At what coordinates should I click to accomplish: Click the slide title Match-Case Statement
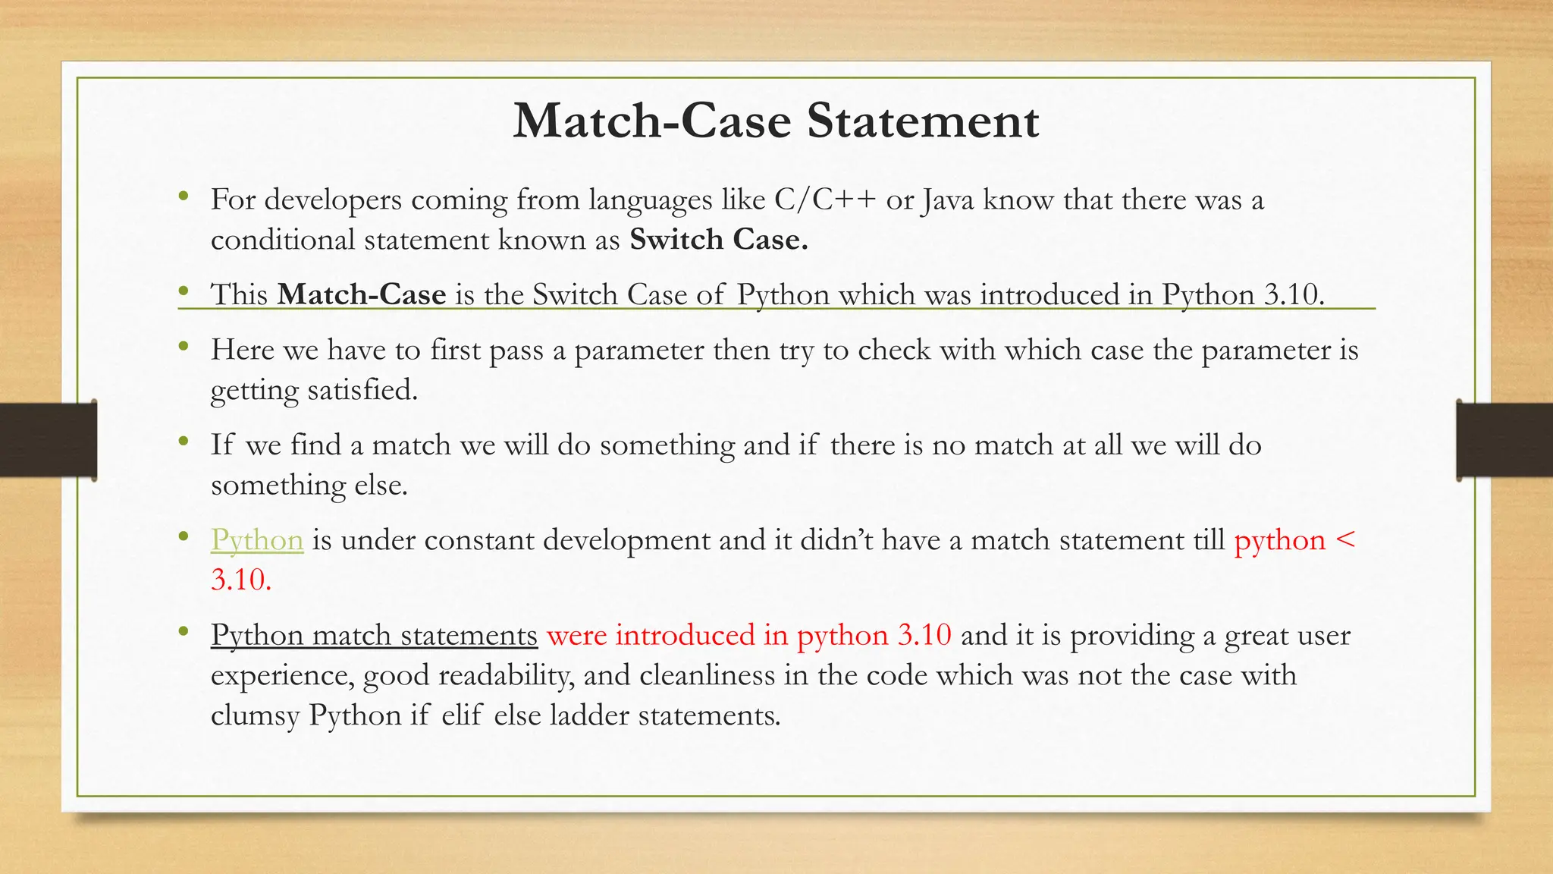click(776, 121)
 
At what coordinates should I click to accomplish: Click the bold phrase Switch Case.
click(718, 240)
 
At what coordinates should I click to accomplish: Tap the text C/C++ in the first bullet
click(825, 200)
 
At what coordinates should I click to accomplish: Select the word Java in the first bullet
click(948, 200)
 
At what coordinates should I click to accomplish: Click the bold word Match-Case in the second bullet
click(362, 294)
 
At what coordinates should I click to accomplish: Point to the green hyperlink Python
click(257, 540)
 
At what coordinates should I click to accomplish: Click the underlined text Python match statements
click(374, 635)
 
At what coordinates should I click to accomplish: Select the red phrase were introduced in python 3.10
click(748, 635)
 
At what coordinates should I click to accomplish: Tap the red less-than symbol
click(1345, 540)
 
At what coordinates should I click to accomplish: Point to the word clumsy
click(255, 716)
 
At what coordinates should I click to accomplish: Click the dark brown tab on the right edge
click(1504, 440)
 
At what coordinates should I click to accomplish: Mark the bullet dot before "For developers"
click(183, 196)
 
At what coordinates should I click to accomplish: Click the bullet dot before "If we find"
click(183, 442)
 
